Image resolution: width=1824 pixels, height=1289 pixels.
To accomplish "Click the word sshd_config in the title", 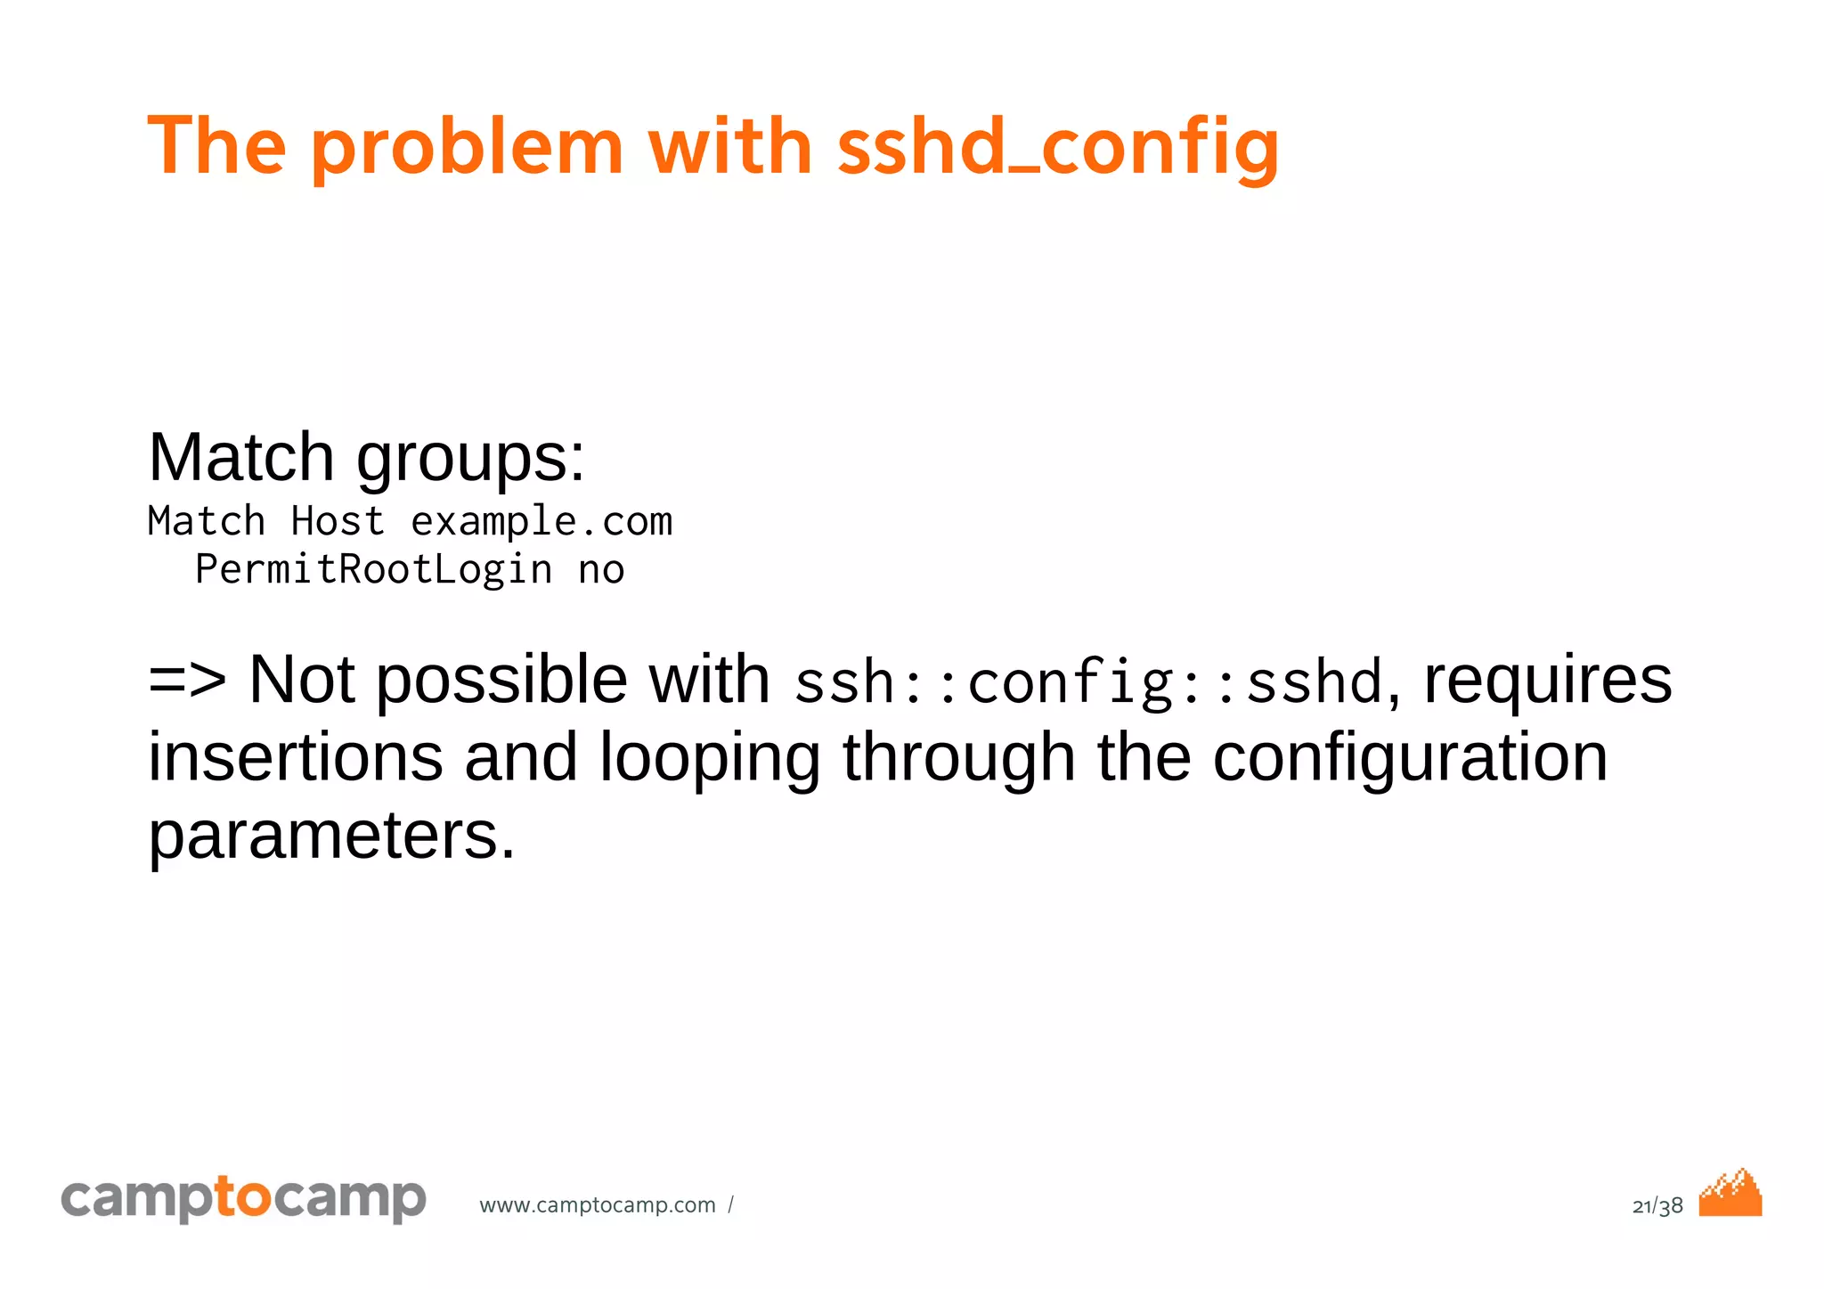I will pyautogui.click(x=1058, y=147).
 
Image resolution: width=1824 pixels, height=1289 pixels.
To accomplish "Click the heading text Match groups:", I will pyautogui.click(x=366, y=458).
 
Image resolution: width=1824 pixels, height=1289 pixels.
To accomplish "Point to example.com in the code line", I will pyautogui.click(x=541, y=522).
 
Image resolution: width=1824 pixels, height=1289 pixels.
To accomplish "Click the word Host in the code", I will pyautogui.click(x=338, y=522).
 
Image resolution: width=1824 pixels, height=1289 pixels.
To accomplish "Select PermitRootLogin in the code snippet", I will pyautogui.click(x=373, y=570).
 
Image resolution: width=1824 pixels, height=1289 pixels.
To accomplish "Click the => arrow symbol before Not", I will pyautogui.click(x=187, y=681).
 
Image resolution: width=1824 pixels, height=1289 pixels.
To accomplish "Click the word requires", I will pyautogui.click(x=1548, y=681).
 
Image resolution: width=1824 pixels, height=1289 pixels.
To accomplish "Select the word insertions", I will pyautogui.click(x=295, y=757).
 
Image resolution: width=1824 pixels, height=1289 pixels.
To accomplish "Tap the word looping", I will pyautogui.click(x=709, y=759).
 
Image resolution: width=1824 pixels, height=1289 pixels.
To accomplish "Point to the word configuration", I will pyautogui.click(x=1410, y=759).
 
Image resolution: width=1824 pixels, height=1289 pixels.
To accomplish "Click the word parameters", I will pyautogui.click(x=331, y=837).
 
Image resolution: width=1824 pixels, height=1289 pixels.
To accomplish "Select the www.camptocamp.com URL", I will pyautogui.click(x=598, y=1205).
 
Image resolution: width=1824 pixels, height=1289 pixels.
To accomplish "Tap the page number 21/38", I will pyautogui.click(x=1657, y=1206).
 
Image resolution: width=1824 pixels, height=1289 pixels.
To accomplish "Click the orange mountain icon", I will pyautogui.click(x=1730, y=1194).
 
